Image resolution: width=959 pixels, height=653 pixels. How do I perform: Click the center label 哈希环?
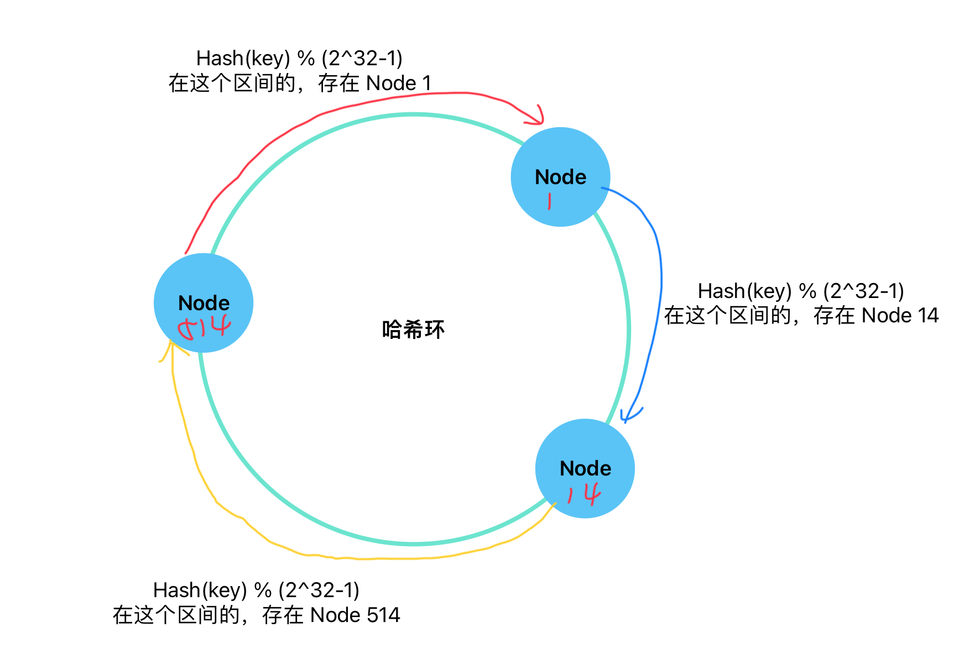(413, 330)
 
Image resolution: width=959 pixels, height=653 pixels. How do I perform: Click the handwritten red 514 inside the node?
(204, 328)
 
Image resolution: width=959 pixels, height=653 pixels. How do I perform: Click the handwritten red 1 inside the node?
(549, 201)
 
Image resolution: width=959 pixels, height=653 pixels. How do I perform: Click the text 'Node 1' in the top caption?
(399, 83)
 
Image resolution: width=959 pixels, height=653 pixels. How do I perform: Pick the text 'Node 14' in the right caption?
(900, 316)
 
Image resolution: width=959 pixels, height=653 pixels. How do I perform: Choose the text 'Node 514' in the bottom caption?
(355, 615)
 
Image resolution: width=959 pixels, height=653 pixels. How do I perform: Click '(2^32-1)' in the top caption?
(362, 59)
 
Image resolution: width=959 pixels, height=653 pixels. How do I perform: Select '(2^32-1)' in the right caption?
(863, 291)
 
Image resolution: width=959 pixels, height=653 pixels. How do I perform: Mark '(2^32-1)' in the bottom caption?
(319, 591)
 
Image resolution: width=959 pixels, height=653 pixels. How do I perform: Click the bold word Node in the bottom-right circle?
(585, 468)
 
